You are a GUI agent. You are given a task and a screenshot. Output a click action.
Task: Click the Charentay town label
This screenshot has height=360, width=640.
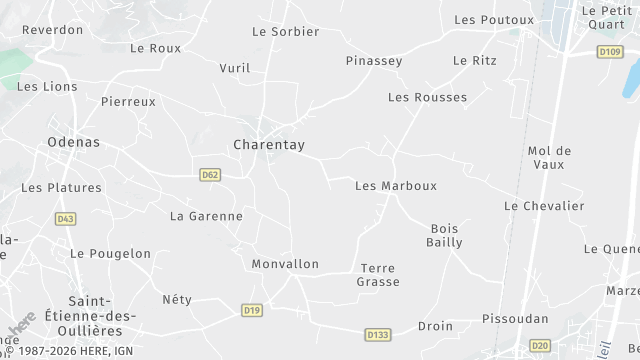point(268,145)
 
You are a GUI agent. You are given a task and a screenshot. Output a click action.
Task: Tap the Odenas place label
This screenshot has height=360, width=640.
point(73,142)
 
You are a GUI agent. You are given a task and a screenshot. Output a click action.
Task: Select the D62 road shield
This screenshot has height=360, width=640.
point(210,174)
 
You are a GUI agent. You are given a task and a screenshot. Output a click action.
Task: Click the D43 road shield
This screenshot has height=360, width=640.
point(66,219)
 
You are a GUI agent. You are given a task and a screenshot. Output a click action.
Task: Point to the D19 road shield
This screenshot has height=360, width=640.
point(252,311)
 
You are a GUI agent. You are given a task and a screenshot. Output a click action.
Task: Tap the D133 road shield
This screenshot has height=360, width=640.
point(377,335)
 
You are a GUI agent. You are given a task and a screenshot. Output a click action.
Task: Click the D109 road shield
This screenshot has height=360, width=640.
point(609,51)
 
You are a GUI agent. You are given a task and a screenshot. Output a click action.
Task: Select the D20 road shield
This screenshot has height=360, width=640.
point(540,345)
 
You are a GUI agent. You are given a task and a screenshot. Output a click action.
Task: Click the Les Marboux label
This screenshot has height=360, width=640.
point(396,186)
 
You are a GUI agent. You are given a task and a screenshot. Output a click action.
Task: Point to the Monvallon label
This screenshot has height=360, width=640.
point(285,264)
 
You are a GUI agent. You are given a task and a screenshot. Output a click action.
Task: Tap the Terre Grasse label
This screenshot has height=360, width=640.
point(378,275)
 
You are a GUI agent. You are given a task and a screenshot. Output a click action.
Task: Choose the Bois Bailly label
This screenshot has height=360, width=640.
point(445,235)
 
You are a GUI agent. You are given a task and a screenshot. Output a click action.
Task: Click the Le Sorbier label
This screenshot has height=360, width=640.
point(285,31)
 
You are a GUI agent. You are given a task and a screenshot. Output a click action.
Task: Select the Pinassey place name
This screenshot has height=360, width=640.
point(374,61)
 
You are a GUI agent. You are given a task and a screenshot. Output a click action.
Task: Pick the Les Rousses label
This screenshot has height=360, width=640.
point(427,97)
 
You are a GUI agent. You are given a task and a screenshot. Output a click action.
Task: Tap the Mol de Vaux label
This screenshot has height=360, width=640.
point(549,157)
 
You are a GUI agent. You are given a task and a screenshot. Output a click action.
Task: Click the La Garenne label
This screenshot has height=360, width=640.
point(206,216)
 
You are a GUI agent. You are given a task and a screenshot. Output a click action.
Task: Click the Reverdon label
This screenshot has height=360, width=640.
point(52,30)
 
